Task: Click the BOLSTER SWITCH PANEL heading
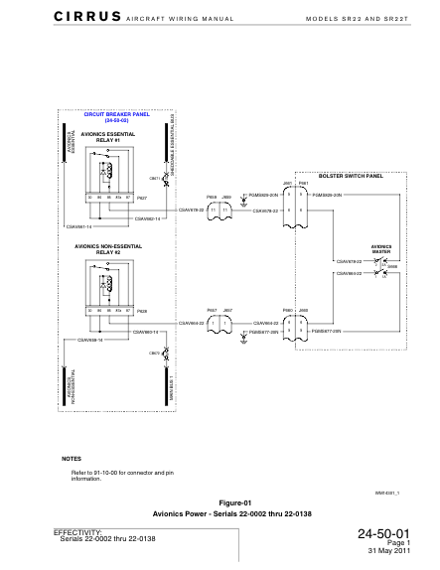[x=351, y=176]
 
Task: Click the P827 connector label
[x=141, y=199]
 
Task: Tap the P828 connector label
[x=141, y=311]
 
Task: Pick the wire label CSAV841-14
[x=77, y=226]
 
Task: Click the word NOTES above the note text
[x=72, y=458]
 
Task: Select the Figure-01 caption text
[x=220, y=502]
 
